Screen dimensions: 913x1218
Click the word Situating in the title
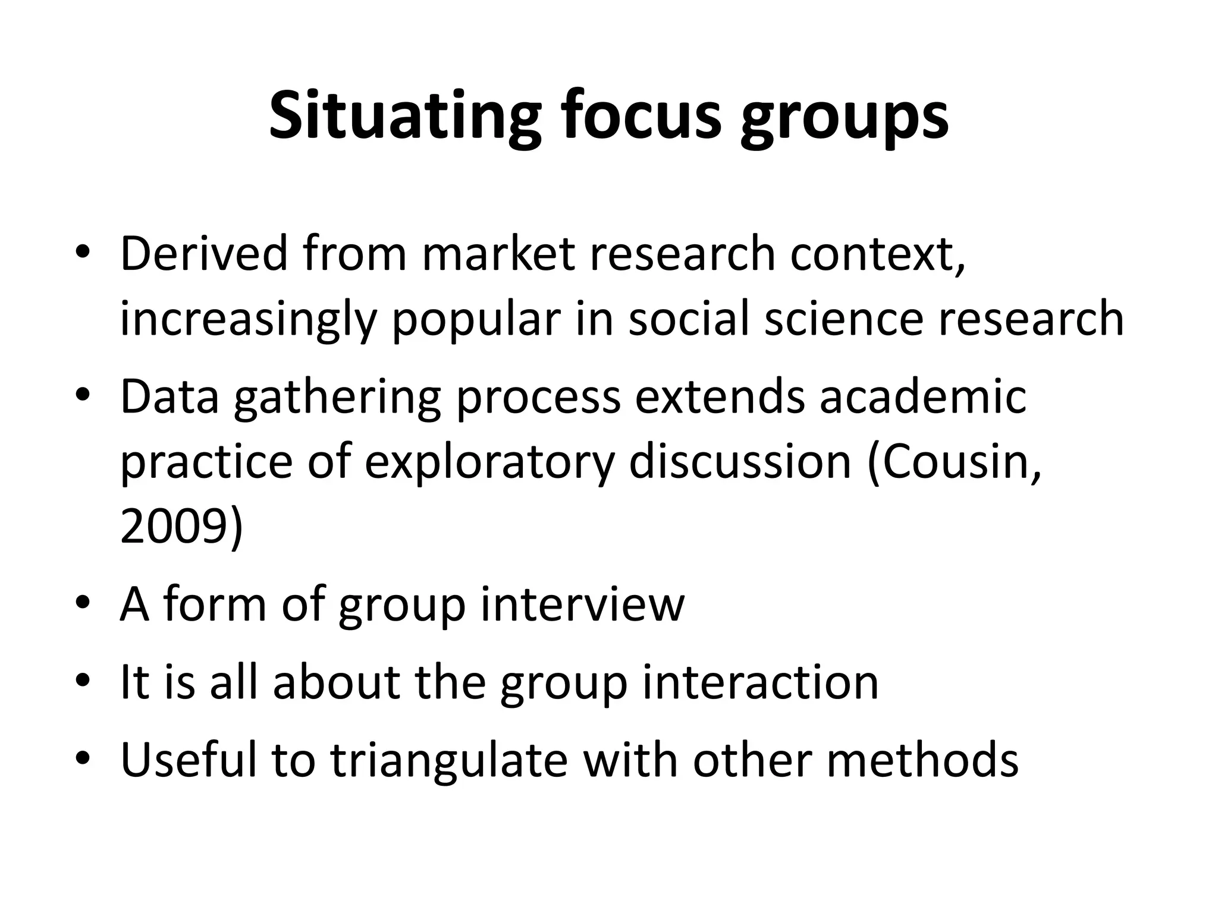[x=405, y=117]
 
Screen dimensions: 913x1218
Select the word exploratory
[x=488, y=464]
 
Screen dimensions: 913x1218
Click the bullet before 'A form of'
[x=83, y=605]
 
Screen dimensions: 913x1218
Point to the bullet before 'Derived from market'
[x=83, y=254]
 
